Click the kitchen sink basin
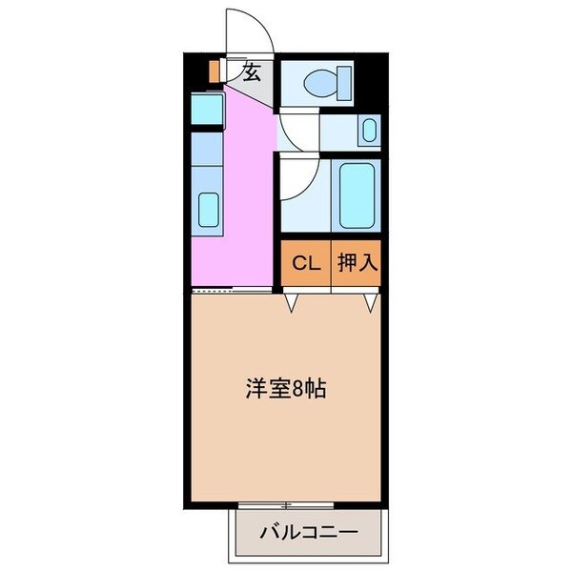click(207, 207)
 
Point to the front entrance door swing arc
click(257, 29)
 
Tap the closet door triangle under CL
click(292, 303)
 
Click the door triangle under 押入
click(369, 303)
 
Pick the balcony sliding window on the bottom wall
click(286, 503)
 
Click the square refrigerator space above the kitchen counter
click(207, 108)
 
